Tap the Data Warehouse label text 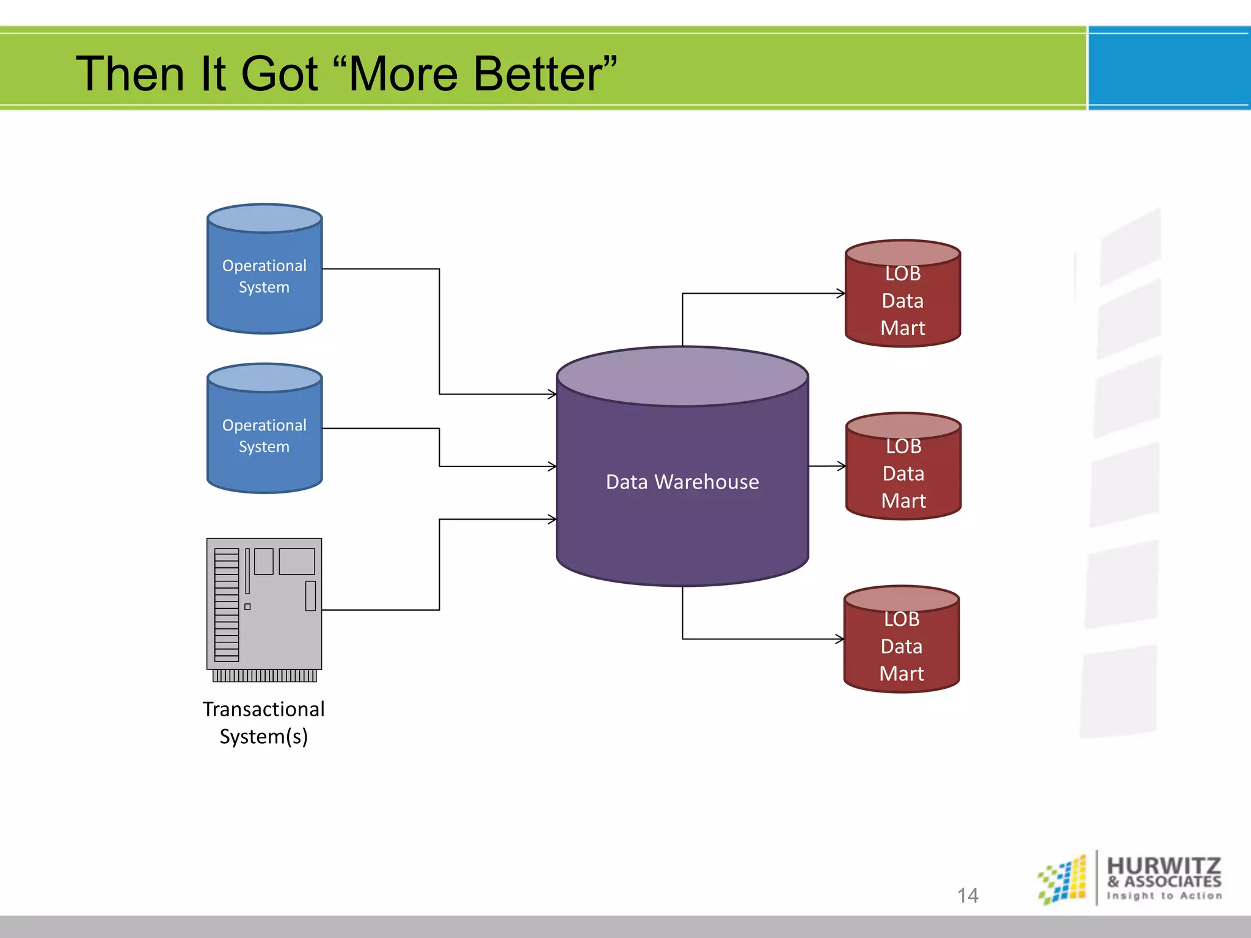coord(682,482)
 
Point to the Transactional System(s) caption coord(264,722)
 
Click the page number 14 coord(968,895)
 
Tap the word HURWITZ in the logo coord(1164,865)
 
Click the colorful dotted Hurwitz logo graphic coord(1063,879)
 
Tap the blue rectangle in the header coord(1169,68)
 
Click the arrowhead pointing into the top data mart coord(842,294)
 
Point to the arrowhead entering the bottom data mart coord(841,639)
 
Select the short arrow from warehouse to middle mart coord(827,466)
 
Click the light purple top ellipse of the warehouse coord(682,376)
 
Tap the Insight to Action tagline coord(1164,896)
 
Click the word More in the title coord(404,74)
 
